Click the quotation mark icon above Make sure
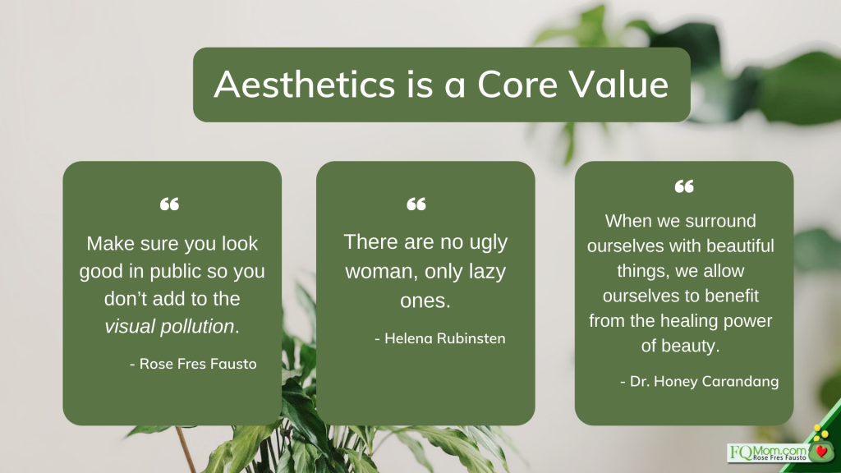169,204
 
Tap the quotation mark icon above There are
416,204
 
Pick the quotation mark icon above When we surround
684,186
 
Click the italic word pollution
200,326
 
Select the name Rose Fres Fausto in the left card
198,364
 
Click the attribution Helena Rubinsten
445,338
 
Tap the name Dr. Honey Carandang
704,381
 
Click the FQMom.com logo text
768,452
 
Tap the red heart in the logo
821,452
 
